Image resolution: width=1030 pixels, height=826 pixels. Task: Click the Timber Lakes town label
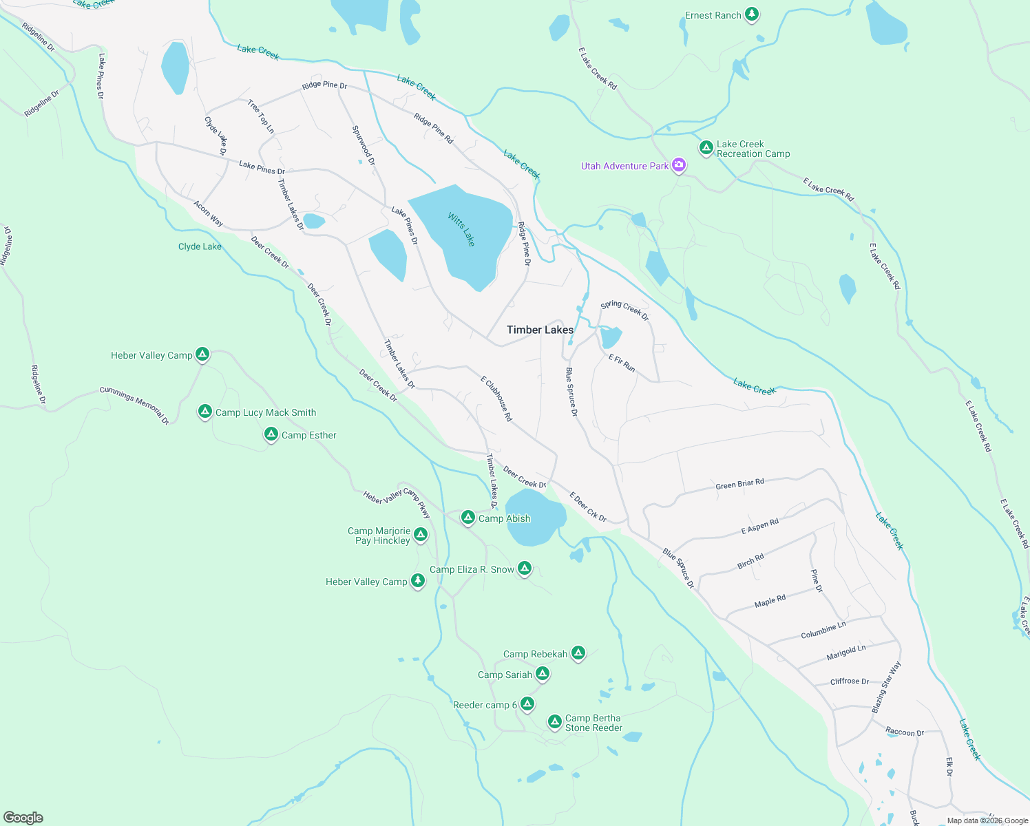(x=540, y=330)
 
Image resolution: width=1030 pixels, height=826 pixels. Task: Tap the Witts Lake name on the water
(x=461, y=229)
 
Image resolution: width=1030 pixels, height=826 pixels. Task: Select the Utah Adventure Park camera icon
(x=679, y=165)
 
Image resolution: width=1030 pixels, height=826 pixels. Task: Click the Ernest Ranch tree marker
(x=752, y=14)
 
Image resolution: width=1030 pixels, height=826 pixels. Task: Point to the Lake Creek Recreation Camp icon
(x=706, y=147)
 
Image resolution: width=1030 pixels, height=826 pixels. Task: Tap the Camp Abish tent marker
(x=468, y=517)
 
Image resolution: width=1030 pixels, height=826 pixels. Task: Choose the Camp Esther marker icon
(x=271, y=434)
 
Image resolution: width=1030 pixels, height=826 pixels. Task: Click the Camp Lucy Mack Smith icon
(x=204, y=411)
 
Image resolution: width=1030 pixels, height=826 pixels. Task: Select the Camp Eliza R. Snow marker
(x=525, y=568)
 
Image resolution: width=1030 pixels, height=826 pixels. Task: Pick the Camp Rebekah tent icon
(x=578, y=653)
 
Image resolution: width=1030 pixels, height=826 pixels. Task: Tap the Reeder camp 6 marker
(x=527, y=703)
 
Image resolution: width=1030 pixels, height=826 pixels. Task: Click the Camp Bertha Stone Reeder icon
(x=555, y=721)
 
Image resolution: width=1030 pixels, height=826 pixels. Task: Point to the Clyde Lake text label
(x=200, y=246)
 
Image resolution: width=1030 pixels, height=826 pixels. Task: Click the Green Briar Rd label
(x=739, y=484)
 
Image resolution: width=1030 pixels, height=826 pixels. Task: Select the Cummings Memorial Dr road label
(x=134, y=405)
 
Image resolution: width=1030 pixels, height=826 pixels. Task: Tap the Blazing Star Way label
(x=886, y=687)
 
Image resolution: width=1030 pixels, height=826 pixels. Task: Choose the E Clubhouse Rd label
(x=496, y=399)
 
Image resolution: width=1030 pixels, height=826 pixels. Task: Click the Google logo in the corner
(x=23, y=818)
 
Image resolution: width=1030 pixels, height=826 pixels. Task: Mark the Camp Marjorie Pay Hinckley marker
(x=421, y=534)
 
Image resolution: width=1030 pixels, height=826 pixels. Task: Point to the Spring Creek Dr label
(x=624, y=310)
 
